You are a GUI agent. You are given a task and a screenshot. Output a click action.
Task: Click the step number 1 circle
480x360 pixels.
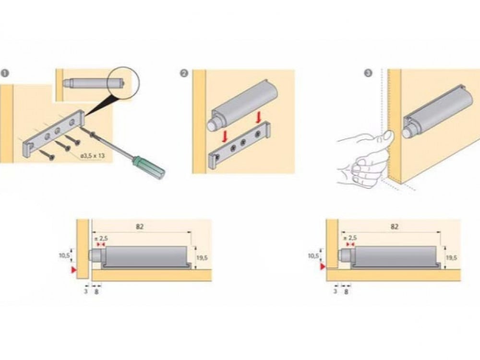pos(5,73)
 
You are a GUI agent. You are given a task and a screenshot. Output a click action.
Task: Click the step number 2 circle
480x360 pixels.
pos(184,73)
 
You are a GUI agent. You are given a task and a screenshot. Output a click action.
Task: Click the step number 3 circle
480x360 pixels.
pos(368,73)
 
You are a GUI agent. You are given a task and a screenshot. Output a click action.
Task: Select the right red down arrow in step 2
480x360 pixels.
pos(259,117)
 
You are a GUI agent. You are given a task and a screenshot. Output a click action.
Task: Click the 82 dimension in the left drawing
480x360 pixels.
pos(140,226)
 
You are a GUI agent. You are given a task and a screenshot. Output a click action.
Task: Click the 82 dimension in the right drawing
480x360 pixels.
pos(394,226)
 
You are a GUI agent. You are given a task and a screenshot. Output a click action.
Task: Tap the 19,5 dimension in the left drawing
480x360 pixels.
pos(202,258)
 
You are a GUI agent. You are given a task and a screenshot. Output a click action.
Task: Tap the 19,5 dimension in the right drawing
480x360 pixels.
pos(451,258)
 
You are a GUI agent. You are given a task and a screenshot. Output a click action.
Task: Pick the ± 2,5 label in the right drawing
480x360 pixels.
pos(350,238)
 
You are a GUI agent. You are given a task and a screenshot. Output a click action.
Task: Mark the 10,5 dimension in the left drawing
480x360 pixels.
pos(65,255)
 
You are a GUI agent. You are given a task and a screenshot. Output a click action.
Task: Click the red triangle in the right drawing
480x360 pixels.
pos(323,265)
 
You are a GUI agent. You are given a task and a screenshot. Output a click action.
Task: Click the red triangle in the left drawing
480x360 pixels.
pos(73,271)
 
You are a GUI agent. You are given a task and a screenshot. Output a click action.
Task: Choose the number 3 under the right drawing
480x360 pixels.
pos(335,291)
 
